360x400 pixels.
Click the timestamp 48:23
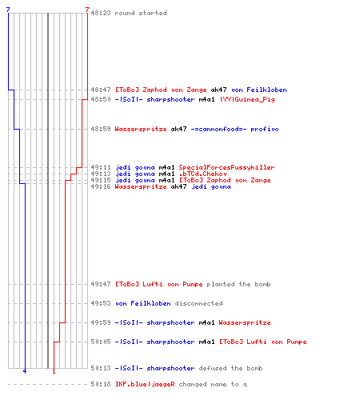(101, 13)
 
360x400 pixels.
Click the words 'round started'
(141, 13)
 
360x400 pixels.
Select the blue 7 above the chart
(8, 10)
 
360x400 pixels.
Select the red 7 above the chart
(87, 10)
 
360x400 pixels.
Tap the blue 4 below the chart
(25, 371)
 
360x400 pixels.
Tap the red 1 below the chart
(54, 371)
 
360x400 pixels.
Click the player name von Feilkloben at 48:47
(259, 90)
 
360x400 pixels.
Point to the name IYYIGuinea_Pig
(247, 99)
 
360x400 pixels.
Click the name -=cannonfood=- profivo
(234, 129)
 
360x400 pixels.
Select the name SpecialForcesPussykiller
(226, 167)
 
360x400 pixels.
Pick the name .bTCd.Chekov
(202, 174)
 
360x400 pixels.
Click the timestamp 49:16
(101, 186)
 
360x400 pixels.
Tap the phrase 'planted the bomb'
(238, 284)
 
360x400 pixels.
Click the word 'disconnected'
(198, 303)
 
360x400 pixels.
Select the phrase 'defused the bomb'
(230, 368)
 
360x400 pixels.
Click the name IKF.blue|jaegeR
(145, 384)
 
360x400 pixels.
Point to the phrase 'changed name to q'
(213, 384)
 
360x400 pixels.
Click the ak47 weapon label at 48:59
(178, 129)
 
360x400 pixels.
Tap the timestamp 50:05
(101, 342)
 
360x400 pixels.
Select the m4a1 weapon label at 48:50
(206, 99)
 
